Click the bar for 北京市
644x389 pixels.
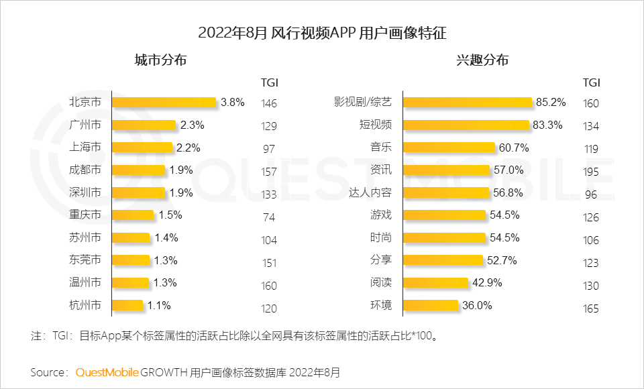tap(164, 103)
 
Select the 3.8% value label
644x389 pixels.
tap(232, 103)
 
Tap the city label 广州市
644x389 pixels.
tap(85, 125)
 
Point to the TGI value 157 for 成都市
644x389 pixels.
tap(268, 172)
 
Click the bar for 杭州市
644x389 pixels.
tap(127, 306)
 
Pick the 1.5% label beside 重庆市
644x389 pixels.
tap(170, 215)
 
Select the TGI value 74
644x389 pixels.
tap(268, 217)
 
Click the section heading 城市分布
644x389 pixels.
tap(160, 60)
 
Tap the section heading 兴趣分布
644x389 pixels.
tap(482, 60)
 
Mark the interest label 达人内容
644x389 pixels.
tap(370, 193)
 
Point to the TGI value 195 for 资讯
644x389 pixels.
tap(590, 172)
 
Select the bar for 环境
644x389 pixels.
tap(431, 306)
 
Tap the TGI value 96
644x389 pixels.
tap(590, 194)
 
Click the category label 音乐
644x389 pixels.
tap(380, 148)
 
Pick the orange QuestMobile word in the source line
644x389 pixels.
tap(107, 372)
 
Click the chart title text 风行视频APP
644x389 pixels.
tap(314, 32)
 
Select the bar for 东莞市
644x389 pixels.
tap(131, 260)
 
